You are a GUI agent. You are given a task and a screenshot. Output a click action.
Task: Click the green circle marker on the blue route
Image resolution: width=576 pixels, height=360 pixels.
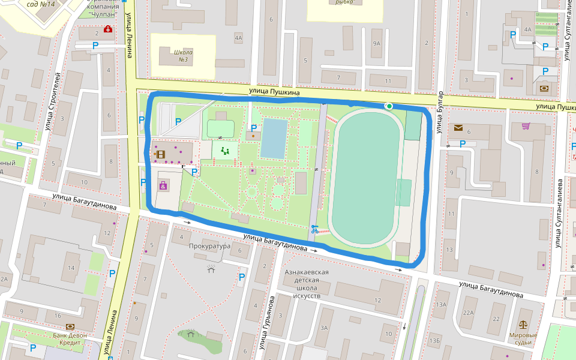[389, 106]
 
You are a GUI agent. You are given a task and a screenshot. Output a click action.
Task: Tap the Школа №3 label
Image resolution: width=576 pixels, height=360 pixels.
[183, 56]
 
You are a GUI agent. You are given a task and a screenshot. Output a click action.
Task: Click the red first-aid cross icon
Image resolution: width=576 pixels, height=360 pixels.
[108, 29]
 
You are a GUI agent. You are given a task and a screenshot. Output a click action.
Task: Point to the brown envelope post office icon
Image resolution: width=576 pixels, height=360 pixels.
[458, 128]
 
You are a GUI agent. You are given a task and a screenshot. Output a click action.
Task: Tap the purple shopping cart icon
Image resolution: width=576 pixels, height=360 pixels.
[526, 126]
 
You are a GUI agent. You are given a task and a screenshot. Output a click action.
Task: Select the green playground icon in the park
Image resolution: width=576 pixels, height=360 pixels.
[225, 151]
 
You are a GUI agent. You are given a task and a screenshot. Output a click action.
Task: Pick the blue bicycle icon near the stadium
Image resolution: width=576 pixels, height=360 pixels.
[314, 229]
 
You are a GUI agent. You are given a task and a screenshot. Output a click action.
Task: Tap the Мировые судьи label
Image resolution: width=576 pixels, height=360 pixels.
[519, 339]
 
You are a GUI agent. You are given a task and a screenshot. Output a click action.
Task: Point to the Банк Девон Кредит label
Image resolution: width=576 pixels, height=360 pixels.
[70, 339]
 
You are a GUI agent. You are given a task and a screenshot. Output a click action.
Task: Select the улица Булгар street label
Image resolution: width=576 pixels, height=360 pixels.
[440, 112]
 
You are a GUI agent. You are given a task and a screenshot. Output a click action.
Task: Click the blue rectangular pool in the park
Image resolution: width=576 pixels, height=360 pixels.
[275, 139]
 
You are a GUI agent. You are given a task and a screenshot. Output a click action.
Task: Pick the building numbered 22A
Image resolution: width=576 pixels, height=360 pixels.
[469, 313]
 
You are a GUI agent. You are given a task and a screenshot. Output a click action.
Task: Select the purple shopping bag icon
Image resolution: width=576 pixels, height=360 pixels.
[164, 185]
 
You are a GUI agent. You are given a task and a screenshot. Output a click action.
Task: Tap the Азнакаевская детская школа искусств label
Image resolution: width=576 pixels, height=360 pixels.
[307, 284]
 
